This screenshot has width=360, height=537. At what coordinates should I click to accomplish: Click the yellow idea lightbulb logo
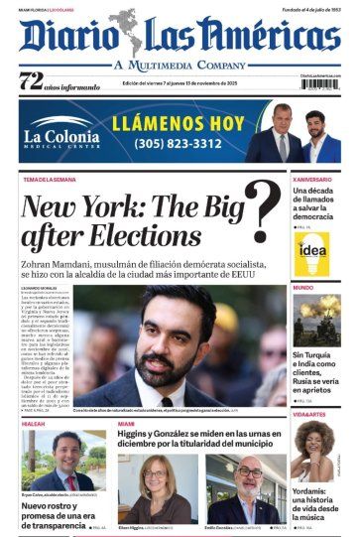point(312,254)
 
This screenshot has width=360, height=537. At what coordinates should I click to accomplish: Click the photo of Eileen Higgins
point(156,481)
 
